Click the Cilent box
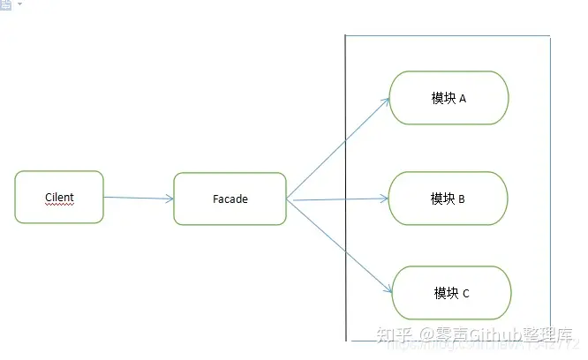coord(59,197)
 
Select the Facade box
coord(230,199)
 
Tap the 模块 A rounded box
coord(449,98)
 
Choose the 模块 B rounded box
coord(448,199)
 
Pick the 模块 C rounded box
coord(451,293)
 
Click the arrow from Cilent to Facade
coord(138,198)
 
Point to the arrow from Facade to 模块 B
coord(340,199)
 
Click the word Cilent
coord(59,196)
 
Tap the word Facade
coord(230,199)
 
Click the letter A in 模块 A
coord(462,99)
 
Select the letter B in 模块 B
coord(462,199)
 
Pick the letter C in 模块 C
coord(465,294)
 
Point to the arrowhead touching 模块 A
coord(387,99)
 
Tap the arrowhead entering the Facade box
coord(170,199)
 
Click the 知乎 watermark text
coord(391,335)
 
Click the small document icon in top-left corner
coord(5,4)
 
